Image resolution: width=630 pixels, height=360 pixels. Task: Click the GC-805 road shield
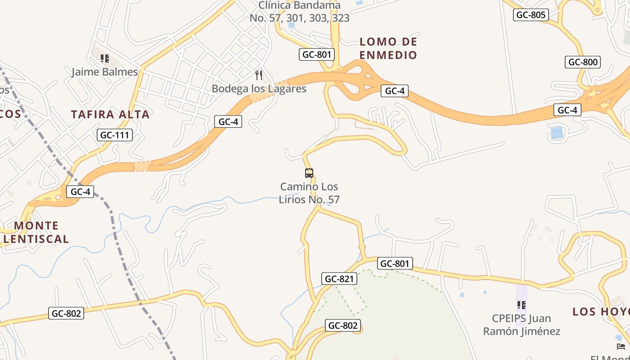531,15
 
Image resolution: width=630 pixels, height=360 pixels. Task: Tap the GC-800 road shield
583,62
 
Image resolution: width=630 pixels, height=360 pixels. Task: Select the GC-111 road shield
115,135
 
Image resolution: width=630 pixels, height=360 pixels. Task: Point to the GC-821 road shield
339,279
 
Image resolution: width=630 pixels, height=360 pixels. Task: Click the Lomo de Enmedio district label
388,48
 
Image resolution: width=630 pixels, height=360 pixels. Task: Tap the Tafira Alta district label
110,114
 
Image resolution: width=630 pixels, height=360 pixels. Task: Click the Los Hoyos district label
601,311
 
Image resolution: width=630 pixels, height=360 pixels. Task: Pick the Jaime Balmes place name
105,72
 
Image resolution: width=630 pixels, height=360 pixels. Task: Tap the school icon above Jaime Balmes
105,58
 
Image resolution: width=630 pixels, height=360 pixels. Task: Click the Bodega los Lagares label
259,89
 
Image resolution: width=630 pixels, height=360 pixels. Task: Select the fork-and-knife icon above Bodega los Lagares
259,75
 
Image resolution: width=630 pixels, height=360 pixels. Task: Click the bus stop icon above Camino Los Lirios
309,173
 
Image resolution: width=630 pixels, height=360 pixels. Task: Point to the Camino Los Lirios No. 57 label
309,193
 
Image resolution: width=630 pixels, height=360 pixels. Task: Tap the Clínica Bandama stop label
299,12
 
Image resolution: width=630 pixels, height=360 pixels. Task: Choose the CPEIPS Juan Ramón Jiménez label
522,324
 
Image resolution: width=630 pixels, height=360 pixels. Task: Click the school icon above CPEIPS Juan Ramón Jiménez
522,305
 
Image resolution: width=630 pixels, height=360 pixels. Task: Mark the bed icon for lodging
621,346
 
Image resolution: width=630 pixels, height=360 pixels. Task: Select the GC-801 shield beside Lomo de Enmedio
317,54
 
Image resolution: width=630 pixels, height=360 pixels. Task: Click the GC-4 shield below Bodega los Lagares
228,121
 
